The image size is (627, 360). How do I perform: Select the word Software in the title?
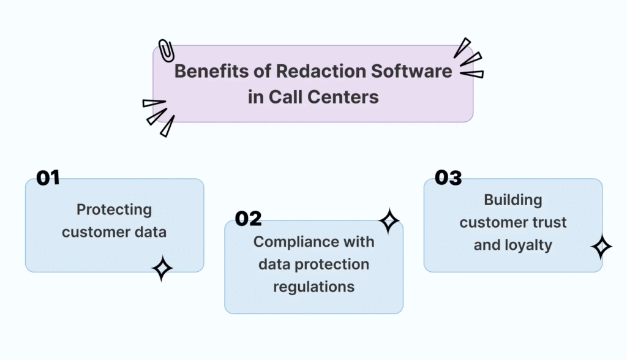411,71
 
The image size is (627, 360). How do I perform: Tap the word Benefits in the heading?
211,71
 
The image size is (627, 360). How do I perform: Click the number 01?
48,178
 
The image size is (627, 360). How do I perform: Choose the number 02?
249,219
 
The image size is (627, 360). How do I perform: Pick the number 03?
448,178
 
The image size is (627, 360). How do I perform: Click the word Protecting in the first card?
114,210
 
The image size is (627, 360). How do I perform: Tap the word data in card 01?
151,232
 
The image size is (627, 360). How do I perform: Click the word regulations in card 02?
314,287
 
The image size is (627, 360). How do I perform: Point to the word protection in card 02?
332,265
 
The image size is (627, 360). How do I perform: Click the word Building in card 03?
513,200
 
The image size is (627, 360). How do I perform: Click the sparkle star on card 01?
162,268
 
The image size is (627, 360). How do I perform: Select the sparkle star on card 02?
389,221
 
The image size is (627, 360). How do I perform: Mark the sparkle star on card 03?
601,247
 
